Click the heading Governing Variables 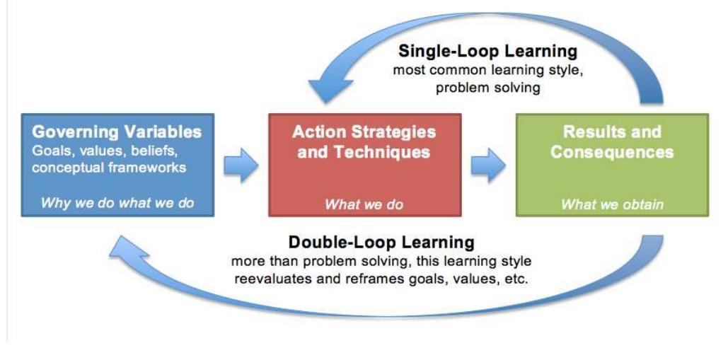point(117,132)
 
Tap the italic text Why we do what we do point(117,204)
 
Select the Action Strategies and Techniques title point(364,141)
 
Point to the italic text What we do point(364,204)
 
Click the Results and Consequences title point(612,141)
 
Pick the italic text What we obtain point(612,204)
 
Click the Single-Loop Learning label point(488,51)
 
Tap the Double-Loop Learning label point(381,242)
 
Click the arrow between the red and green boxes point(488,166)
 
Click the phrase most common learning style point(487,71)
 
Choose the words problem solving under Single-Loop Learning point(487,88)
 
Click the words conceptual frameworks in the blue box point(109,168)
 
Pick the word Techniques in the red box point(391,151)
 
